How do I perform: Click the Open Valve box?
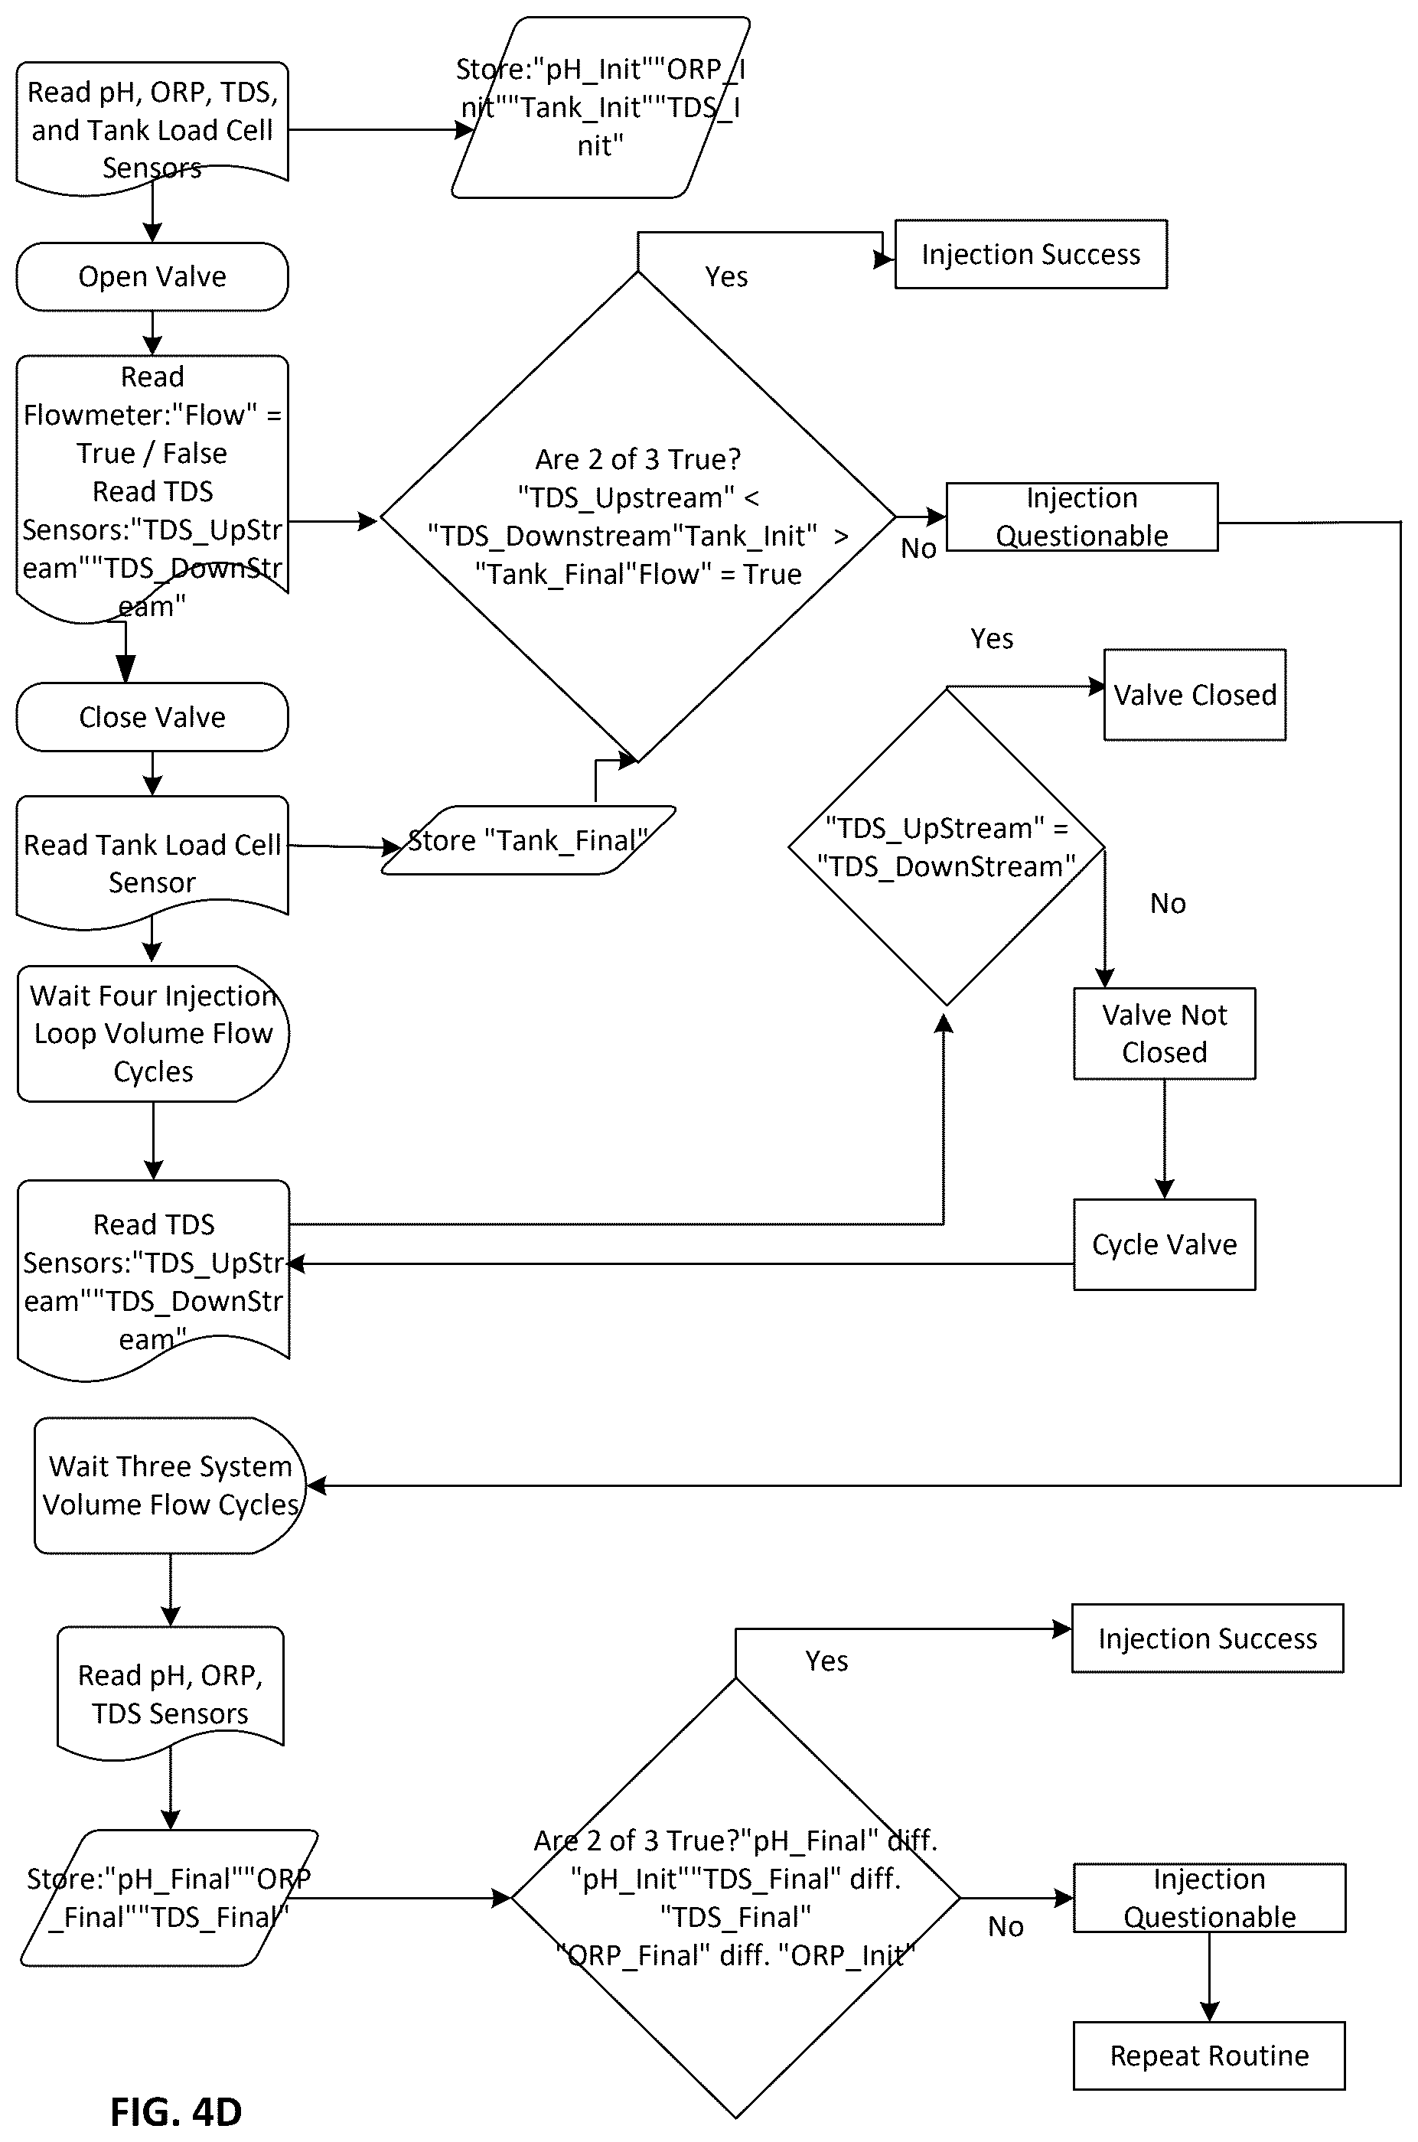pyautogui.click(x=152, y=277)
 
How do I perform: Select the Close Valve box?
pyautogui.click(x=152, y=717)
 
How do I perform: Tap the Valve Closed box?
pyautogui.click(x=1195, y=694)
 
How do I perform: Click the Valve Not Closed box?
pyautogui.click(x=1165, y=1033)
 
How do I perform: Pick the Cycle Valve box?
pyautogui.click(x=1165, y=1244)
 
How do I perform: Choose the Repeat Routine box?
pyautogui.click(x=1209, y=2056)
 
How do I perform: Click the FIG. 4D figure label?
pyautogui.click(x=176, y=2112)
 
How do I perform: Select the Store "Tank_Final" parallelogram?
pyautogui.click(x=528, y=840)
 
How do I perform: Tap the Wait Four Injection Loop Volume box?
pyautogui.click(x=153, y=1033)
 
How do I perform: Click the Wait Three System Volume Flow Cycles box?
pyautogui.click(x=170, y=1485)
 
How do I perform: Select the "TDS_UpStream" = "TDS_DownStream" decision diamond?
pyautogui.click(x=946, y=847)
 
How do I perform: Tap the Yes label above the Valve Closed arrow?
pyautogui.click(x=992, y=639)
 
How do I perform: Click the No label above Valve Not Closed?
pyautogui.click(x=1168, y=903)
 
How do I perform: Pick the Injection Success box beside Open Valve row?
pyautogui.click(x=1031, y=254)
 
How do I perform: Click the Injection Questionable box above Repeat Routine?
pyautogui.click(x=1209, y=1898)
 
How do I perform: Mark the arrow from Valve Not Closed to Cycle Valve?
pyautogui.click(x=1165, y=1139)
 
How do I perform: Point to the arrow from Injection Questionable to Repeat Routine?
pyautogui.click(x=1209, y=1977)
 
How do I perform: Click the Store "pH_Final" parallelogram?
pyautogui.click(x=169, y=1898)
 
